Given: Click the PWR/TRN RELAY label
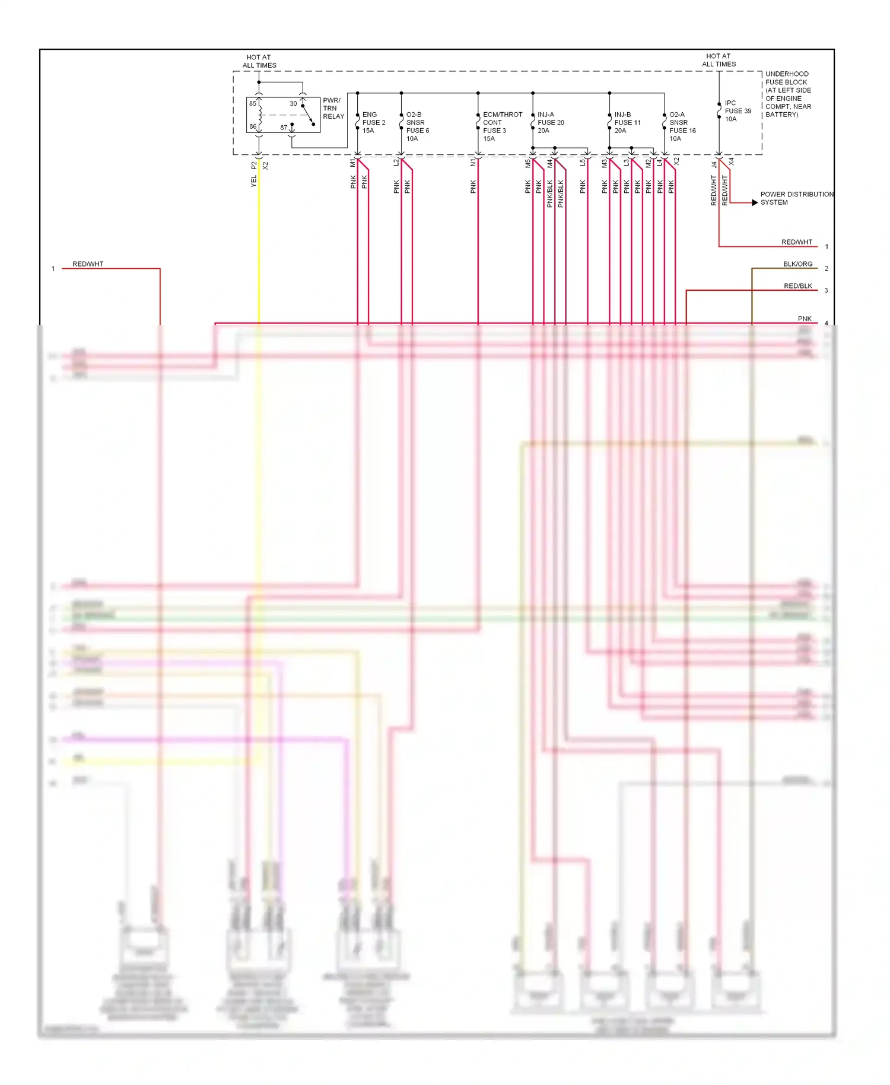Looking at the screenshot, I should tap(333, 109).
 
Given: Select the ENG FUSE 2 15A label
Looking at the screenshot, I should tap(373, 122).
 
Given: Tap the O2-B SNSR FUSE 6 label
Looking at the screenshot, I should tap(417, 126).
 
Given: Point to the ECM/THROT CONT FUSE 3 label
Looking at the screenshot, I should tap(502, 126).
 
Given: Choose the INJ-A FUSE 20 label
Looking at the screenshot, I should tap(551, 122).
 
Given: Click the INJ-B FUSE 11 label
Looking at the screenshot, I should tap(627, 122).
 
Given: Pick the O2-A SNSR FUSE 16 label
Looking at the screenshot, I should tap(682, 126).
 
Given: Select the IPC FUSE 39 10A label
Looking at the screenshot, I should tap(738, 111).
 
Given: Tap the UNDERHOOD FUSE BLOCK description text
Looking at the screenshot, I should tap(788, 94).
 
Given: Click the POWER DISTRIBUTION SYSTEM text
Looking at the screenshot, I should tap(796, 198).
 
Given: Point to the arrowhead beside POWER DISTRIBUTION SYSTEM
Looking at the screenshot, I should tap(755, 202).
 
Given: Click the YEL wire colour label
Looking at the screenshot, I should tap(254, 181).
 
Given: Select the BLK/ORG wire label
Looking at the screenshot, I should tap(797, 264).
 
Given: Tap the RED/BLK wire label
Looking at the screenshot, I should tap(797, 286).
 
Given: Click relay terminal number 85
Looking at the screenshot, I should tap(253, 104).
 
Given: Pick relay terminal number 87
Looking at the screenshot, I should tap(284, 128).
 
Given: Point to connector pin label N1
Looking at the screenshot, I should tap(473, 163).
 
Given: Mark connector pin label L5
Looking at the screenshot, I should tap(583, 163).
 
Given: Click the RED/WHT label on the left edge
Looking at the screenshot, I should tap(88, 264).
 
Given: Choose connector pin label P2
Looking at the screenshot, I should tap(254, 166).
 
